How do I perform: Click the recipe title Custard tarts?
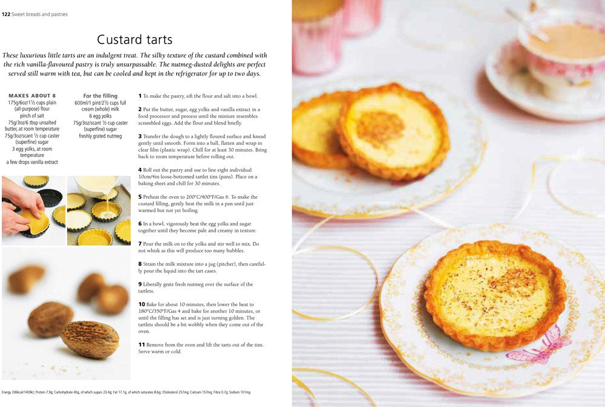tap(134, 40)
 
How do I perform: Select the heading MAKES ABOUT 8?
tap(32, 95)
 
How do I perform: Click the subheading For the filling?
tap(100, 95)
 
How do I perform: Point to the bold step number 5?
tap(140, 197)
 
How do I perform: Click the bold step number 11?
tap(142, 345)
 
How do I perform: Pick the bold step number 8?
tap(140, 264)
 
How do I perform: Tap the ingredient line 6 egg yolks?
tap(100, 116)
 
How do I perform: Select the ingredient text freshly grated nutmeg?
tap(100, 136)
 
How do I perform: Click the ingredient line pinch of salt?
tap(32, 115)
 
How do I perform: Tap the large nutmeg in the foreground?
tap(90, 339)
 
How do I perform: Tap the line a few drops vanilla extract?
tap(32, 162)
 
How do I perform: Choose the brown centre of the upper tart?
tap(379, 128)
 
